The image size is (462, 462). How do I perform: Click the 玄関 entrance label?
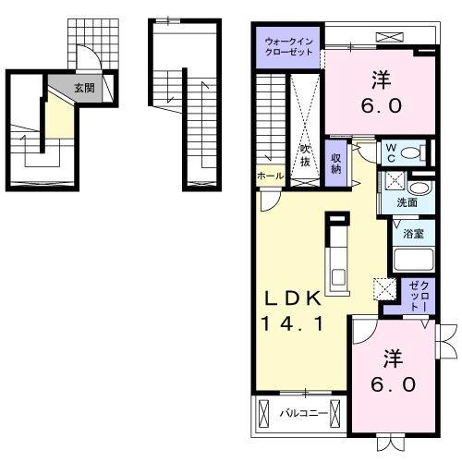pyautogui.click(x=83, y=88)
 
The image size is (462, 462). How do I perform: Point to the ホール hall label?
pyautogui.click(x=269, y=176)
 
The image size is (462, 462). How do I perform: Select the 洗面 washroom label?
pyautogui.click(x=407, y=201)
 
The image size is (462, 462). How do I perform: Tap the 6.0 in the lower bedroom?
pyautogui.click(x=388, y=383)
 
